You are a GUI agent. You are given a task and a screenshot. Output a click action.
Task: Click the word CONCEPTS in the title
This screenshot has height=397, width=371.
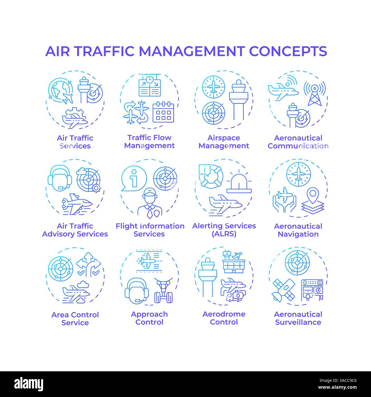288,51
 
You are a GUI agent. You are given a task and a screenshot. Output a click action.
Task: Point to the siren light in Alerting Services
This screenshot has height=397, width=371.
239,184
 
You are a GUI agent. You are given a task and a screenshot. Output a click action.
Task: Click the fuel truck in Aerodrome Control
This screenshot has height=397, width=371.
233,296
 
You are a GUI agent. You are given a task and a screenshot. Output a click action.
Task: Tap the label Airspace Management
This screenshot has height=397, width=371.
224,142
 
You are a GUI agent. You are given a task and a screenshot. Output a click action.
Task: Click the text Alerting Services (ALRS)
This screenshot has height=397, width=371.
224,230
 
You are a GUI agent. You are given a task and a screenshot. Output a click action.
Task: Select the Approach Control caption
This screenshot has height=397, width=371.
149,318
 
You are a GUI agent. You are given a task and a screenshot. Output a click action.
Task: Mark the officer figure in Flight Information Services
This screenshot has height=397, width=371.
150,202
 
